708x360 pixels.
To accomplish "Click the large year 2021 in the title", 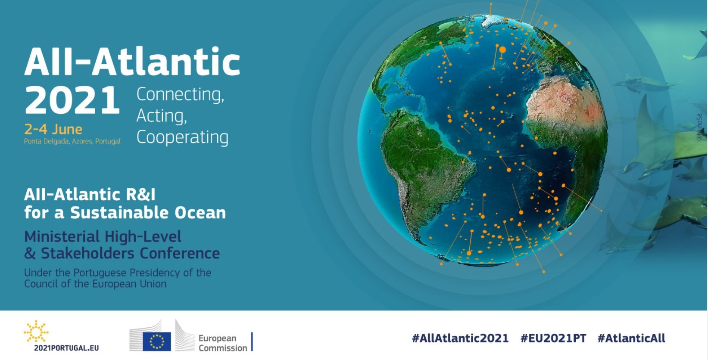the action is pos(72,100).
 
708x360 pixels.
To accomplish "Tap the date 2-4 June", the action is pos(53,129).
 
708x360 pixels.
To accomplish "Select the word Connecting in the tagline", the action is pos(180,94).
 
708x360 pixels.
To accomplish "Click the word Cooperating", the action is pos(182,138).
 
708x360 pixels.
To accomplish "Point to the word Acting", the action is pos(162,116).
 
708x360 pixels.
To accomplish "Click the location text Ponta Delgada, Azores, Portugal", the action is pos(72,141).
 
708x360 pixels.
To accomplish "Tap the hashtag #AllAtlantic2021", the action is pos(460,338).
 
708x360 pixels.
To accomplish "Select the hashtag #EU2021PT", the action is pos(553,338).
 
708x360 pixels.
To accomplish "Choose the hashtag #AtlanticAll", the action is pos(631,338).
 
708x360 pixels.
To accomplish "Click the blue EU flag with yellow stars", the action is pos(157,341).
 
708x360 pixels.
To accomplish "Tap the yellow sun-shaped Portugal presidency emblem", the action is pos(36,331).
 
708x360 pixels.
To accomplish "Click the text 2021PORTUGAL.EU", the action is pos(66,348).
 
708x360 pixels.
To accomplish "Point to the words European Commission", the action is pos(222,343).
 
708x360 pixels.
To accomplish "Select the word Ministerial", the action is pos(62,236).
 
